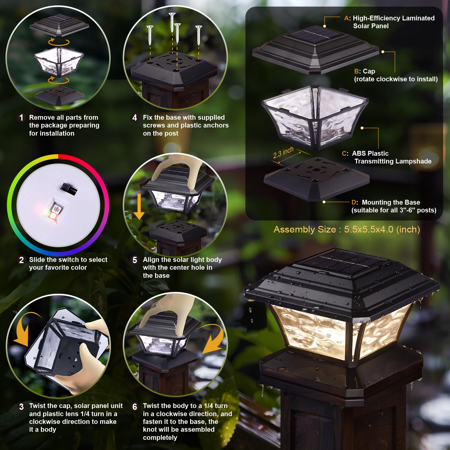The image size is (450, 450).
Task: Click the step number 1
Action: point(21,118)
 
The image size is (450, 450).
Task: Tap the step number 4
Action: point(135,118)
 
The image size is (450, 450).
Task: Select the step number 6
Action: point(135,406)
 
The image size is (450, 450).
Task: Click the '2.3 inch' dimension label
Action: point(283,153)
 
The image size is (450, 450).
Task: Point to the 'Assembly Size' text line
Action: point(346,229)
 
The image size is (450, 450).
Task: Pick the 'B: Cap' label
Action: point(364,71)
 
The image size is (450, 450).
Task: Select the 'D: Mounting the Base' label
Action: point(386,202)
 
